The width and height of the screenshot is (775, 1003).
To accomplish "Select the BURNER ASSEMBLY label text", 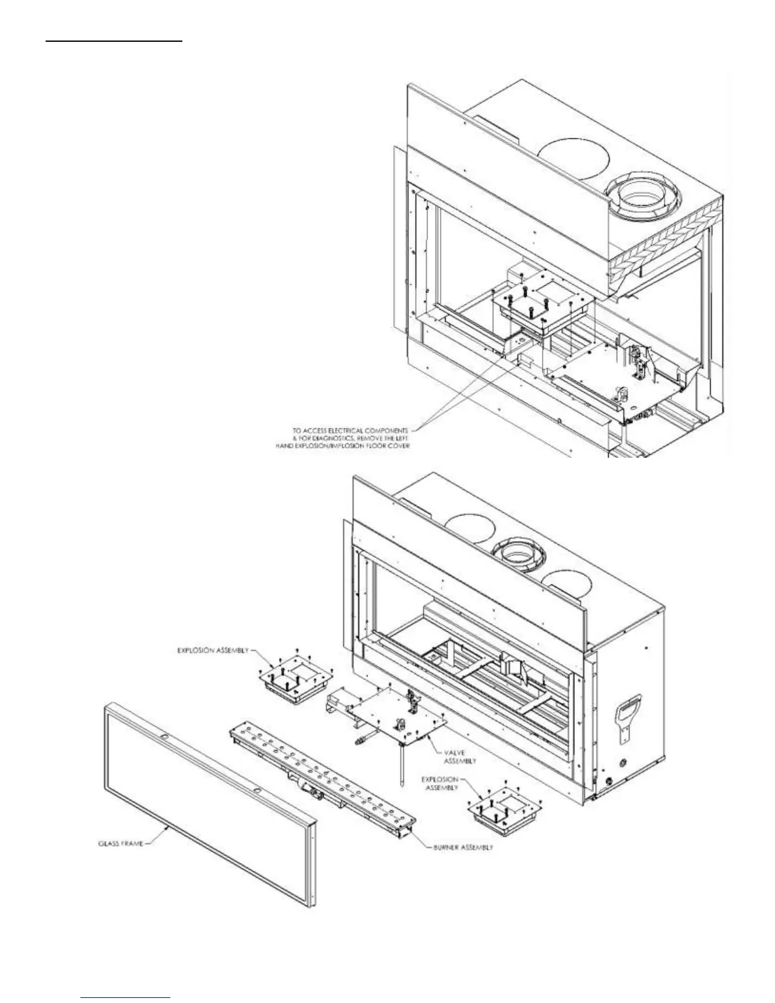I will [463, 847].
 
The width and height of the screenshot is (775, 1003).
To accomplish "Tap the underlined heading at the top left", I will [114, 41].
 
